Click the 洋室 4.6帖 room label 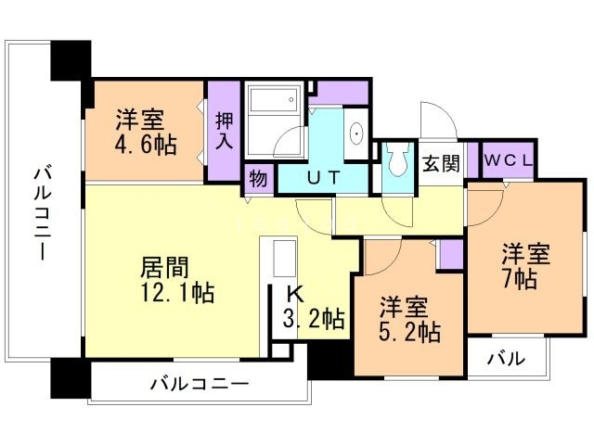(140, 132)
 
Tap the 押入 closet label (225, 131)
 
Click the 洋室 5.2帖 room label (409, 318)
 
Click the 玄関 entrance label (442, 163)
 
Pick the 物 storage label (258, 178)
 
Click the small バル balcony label (505, 358)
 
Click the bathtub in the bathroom (272, 97)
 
